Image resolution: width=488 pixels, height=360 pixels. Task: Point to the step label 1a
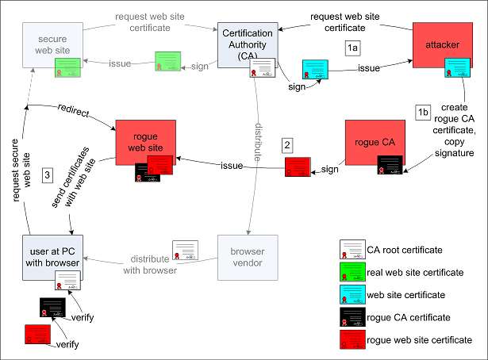(354, 48)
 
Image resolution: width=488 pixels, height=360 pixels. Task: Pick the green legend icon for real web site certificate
(352, 272)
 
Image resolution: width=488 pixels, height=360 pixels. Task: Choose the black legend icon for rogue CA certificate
(352, 317)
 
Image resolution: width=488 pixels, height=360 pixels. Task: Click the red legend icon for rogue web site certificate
(352, 340)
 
